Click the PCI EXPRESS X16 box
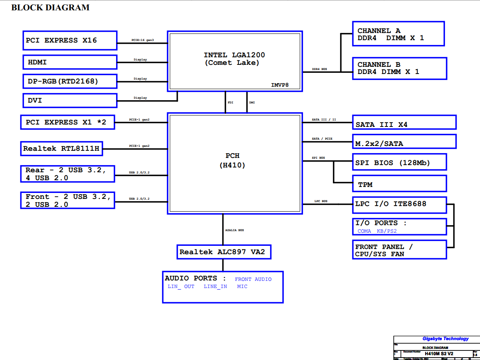70,41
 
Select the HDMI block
70,62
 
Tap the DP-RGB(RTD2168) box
70,82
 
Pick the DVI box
70,101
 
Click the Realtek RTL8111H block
62,149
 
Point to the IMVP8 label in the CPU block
280,85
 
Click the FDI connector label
230,103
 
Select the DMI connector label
252,103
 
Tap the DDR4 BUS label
319,69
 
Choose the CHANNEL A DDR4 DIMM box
398,34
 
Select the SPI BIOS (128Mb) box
399,162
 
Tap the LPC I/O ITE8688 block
399,204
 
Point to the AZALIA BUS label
234,230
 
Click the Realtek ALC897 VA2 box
223,252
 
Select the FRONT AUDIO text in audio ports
253,279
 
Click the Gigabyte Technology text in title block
445,339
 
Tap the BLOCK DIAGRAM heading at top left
51,8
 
